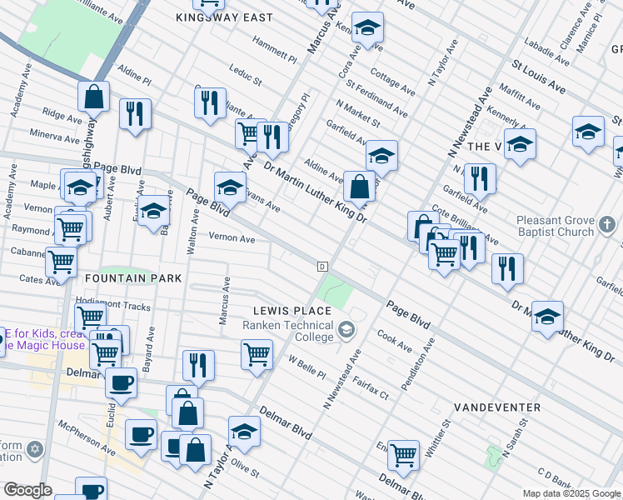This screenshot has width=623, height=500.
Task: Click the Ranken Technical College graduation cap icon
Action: (x=345, y=331)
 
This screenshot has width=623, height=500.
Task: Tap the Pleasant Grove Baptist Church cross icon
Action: (x=607, y=225)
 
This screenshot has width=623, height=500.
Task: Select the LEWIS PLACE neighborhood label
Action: (x=293, y=311)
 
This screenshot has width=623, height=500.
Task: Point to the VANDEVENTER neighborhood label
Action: (x=497, y=407)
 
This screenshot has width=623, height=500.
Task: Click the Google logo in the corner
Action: (x=27, y=490)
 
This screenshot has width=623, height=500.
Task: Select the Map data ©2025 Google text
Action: (x=571, y=493)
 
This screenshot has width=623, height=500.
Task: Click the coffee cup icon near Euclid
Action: (x=122, y=382)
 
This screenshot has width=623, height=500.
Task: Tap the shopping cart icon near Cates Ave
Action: (x=62, y=261)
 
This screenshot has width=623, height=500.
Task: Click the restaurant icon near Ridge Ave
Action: (x=135, y=113)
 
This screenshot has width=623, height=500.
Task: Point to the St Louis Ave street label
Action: (x=538, y=77)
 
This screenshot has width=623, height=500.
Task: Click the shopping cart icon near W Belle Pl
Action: (x=257, y=353)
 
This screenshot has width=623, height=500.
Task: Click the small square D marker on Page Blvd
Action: (x=321, y=266)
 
